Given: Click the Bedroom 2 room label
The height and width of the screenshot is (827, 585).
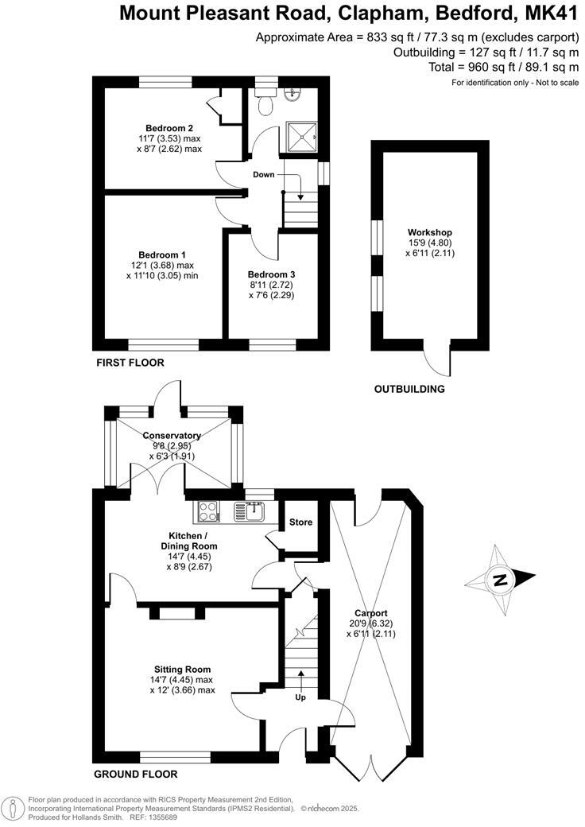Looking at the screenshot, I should pyautogui.click(x=169, y=128).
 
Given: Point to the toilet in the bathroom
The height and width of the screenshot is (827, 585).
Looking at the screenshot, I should pyautogui.click(x=265, y=103).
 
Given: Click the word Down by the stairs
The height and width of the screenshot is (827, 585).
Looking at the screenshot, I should pyautogui.click(x=264, y=174).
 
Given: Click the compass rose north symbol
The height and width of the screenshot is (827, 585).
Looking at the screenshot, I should pyautogui.click(x=501, y=580).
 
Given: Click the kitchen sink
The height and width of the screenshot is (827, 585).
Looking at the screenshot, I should pyautogui.click(x=253, y=511).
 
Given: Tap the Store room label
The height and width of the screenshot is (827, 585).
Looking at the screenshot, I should pyautogui.click(x=301, y=522).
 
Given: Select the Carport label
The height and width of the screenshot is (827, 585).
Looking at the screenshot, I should pyautogui.click(x=371, y=613).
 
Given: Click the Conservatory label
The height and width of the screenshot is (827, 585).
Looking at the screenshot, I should pyautogui.click(x=172, y=435).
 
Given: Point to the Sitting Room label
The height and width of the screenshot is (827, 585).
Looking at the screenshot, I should pyautogui.click(x=183, y=670).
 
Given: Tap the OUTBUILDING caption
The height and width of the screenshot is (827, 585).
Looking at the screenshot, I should pyautogui.click(x=409, y=389).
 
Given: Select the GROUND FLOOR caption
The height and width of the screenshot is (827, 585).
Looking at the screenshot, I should pyautogui.click(x=135, y=774).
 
